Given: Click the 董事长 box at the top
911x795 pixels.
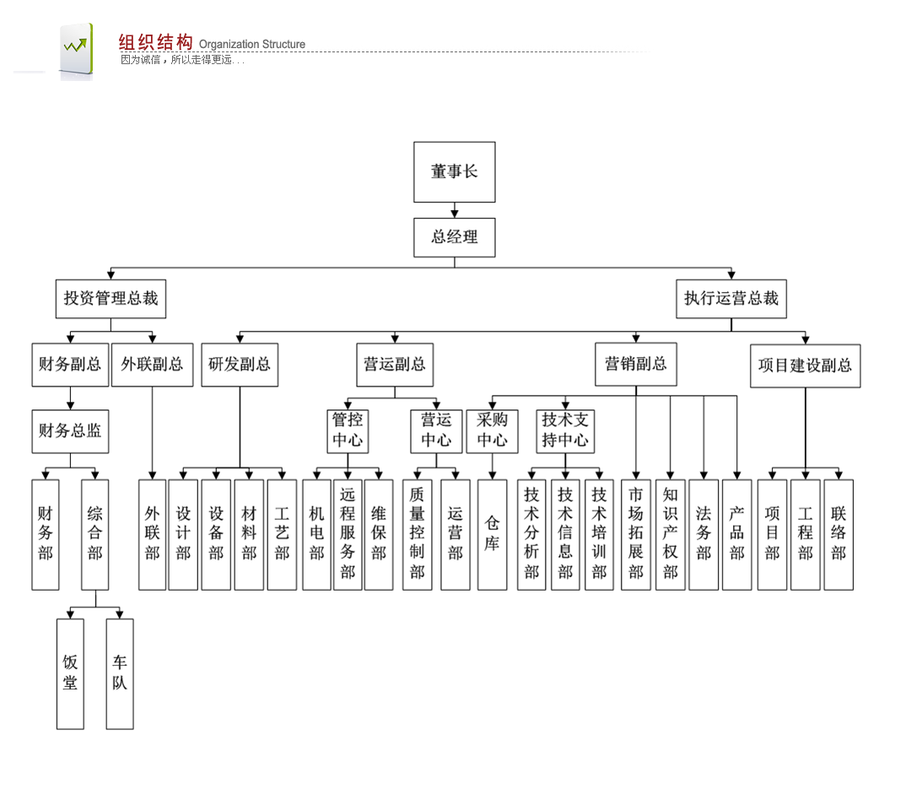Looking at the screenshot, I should [x=454, y=172].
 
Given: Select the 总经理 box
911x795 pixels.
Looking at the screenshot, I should [x=454, y=237].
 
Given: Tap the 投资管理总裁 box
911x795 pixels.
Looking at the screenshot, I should [x=111, y=299].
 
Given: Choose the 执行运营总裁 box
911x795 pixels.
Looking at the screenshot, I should [x=730, y=299].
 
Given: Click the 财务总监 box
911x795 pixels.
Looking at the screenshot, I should [x=70, y=430].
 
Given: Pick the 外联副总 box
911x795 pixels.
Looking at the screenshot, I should [x=152, y=365].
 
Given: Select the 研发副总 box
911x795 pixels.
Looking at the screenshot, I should [x=240, y=365].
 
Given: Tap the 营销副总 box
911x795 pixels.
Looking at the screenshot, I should [x=635, y=365].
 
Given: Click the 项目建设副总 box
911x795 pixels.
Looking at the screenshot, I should [x=805, y=365].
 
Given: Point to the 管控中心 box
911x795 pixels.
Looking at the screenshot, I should [x=348, y=430].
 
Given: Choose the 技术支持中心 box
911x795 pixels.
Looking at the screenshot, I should [x=565, y=430].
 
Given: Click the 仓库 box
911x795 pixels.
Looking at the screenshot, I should [x=492, y=534].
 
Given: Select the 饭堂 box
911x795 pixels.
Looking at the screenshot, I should [x=70, y=673].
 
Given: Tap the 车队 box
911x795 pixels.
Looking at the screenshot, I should [x=120, y=673].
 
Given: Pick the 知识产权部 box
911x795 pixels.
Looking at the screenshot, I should [x=670, y=534].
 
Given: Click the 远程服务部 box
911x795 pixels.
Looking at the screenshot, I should [x=348, y=534].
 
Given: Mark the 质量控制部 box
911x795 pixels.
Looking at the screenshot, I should [x=417, y=534].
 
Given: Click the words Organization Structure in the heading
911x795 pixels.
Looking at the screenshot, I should [x=252, y=45].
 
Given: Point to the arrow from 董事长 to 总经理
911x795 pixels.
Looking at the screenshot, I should [x=454, y=210].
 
